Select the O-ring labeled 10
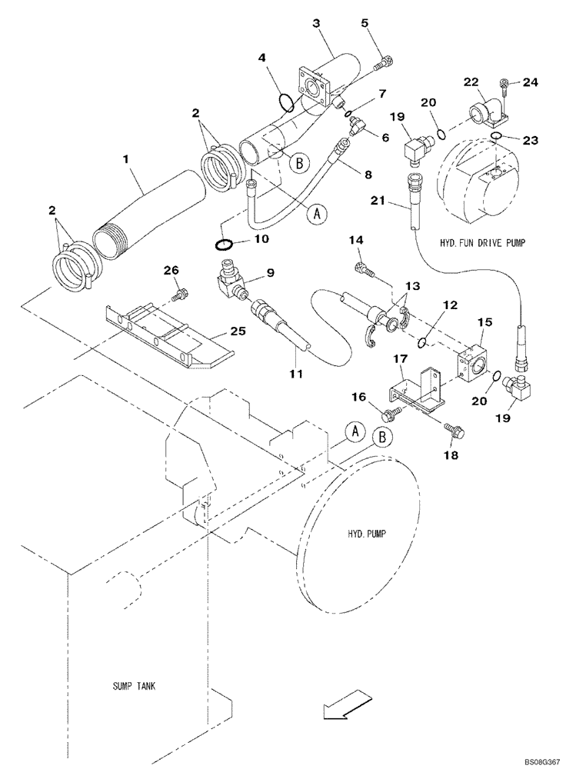[222, 245]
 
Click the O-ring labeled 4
[285, 101]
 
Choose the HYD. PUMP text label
[358, 534]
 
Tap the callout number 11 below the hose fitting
[298, 374]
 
